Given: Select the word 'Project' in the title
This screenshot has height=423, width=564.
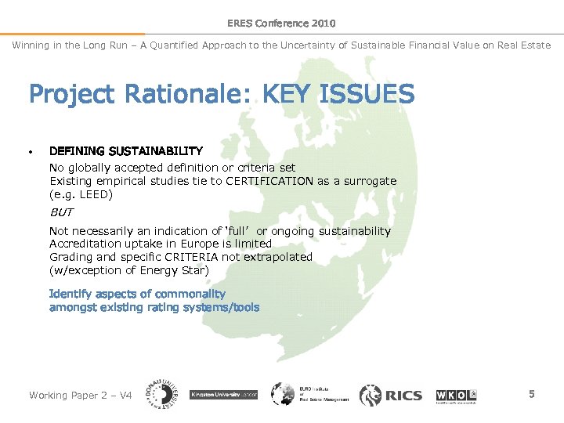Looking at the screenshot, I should tap(70, 95).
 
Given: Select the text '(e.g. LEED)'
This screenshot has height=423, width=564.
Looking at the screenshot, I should tap(81, 194).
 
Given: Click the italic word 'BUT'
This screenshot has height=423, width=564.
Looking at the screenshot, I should tap(61, 212).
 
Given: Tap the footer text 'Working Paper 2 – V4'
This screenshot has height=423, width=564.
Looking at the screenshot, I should tap(81, 395).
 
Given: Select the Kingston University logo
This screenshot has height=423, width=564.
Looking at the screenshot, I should tap(223, 395).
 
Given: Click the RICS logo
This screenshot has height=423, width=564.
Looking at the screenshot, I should tap(390, 395).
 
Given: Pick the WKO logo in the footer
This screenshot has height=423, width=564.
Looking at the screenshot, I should tap(456, 395).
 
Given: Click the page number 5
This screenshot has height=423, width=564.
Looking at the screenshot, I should tap(531, 394).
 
